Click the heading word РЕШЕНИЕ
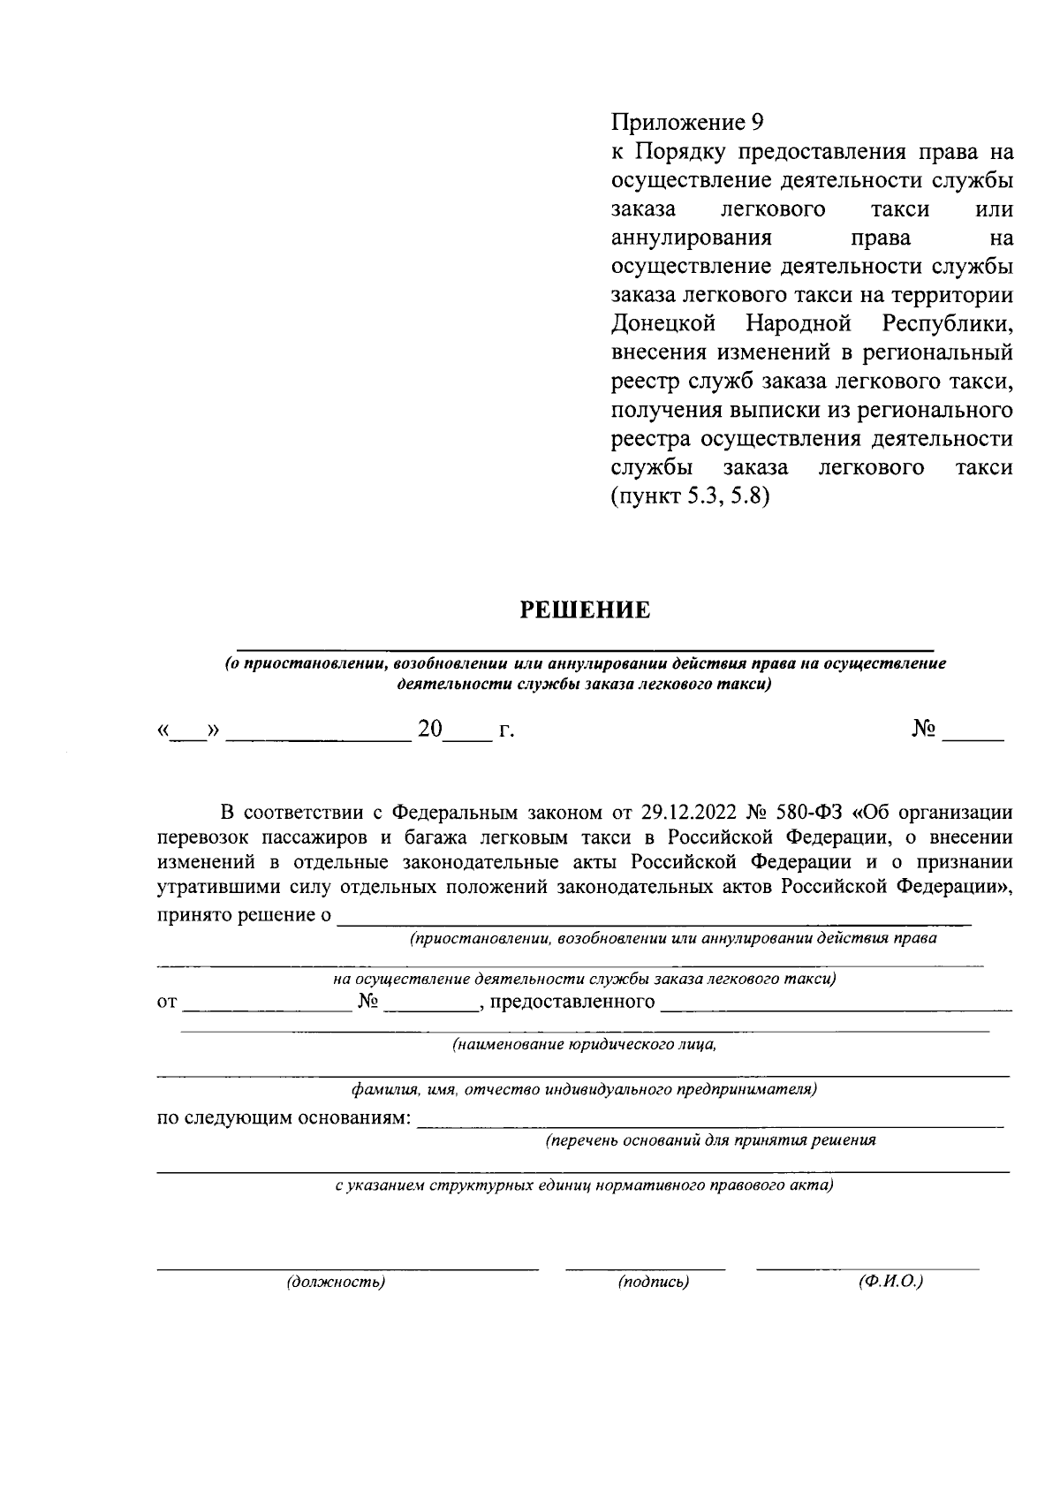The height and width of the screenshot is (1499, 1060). point(584,610)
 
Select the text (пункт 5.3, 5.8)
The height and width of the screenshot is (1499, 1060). point(690,496)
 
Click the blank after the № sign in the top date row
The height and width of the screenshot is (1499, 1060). point(973,733)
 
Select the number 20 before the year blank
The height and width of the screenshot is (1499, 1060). point(429,731)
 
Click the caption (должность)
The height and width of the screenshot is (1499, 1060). point(336,1282)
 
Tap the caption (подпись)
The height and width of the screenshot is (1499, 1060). point(654,1282)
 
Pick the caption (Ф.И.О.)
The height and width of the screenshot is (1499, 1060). point(890,1281)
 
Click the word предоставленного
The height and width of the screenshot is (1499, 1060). point(572,1002)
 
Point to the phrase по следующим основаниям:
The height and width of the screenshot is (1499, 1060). point(284,1118)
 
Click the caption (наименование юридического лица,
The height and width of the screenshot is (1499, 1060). point(584,1045)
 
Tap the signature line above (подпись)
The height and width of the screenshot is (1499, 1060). point(645,1268)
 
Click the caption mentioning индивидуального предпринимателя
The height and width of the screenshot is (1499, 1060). point(584,1089)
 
